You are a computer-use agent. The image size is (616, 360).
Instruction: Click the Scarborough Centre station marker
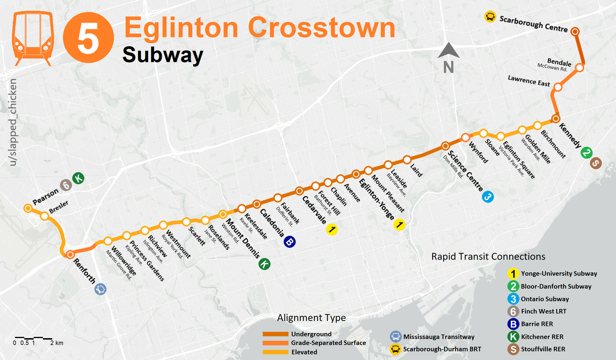575,31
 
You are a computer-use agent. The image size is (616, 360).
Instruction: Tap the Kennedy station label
569,136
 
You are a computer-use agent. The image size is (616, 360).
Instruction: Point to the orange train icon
33,39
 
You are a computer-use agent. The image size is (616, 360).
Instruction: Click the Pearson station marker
28,208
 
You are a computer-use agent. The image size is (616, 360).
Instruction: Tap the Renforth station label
84,272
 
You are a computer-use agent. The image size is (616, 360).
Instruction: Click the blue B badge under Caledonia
289,242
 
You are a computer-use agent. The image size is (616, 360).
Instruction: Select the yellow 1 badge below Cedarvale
332,230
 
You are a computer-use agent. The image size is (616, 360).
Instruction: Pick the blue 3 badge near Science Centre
488,196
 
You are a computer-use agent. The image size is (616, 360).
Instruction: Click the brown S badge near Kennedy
596,164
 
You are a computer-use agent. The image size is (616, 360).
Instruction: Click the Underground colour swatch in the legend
275,334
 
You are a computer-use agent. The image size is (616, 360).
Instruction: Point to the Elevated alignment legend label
304,352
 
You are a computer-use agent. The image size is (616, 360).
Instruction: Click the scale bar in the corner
33,338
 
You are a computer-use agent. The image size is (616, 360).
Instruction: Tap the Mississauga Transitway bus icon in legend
396,336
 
